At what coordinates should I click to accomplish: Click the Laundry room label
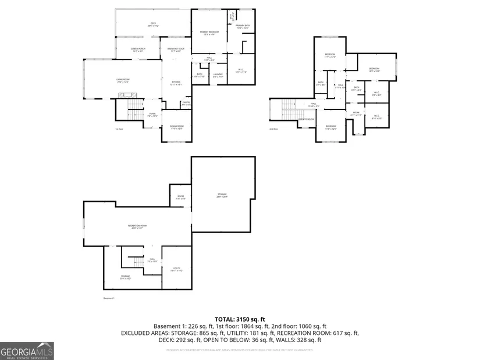tap(218, 74)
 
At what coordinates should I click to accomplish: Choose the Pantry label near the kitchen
tap(186, 104)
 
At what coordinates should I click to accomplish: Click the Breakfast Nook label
tap(176, 49)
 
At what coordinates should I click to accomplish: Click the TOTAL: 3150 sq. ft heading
tap(240, 319)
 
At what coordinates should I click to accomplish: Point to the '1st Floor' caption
tap(119, 129)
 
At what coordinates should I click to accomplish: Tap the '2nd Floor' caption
tap(274, 129)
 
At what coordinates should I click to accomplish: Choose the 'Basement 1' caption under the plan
tap(109, 298)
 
